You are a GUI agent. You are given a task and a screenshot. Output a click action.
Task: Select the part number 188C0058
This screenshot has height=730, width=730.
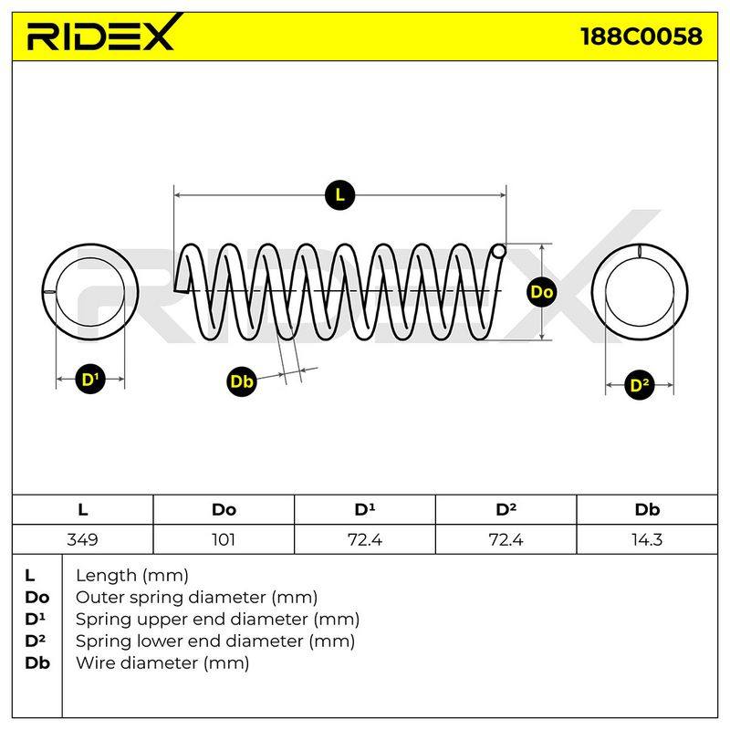(x=641, y=36)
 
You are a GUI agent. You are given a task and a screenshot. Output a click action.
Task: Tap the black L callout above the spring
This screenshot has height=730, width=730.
(x=339, y=195)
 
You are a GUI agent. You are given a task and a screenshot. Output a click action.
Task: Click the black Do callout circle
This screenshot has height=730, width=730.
(x=541, y=292)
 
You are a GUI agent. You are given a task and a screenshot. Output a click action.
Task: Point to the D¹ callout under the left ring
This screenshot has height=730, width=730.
(x=90, y=379)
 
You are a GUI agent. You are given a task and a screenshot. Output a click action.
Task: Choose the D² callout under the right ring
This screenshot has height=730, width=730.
(x=640, y=385)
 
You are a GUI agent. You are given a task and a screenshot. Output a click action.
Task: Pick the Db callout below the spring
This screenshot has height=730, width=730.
(x=242, y=381)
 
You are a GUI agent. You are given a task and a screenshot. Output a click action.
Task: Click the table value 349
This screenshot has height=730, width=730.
(x=82, y=539)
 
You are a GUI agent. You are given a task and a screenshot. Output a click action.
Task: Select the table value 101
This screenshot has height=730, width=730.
(x=224, y=539)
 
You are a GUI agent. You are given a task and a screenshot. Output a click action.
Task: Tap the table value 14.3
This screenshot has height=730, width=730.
(x=647, y=539)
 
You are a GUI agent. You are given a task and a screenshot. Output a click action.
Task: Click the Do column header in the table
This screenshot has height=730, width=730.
(x=224, y=510)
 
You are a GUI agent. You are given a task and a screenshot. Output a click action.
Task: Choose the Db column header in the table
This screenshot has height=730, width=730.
(x=647, y=510)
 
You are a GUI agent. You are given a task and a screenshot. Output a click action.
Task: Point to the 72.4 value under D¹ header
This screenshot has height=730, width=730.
(x=364, y=539)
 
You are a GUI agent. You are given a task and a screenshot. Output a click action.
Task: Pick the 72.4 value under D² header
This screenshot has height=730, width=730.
(x=506, y=539)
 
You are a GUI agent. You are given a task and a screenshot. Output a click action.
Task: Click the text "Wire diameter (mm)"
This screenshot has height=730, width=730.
(x=162, y=663)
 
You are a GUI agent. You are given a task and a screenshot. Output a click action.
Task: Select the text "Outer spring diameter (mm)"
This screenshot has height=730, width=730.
(x=196, y=598)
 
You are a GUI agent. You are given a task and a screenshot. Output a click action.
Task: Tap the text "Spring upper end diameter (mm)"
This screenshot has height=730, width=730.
(x=217, y=620)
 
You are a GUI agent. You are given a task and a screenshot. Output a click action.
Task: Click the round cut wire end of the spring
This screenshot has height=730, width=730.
(x=498, y=252)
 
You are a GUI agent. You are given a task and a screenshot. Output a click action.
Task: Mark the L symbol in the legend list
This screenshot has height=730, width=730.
(x=30, y=576)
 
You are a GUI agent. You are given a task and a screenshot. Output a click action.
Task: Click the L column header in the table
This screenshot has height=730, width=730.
(x=82, y=510)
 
